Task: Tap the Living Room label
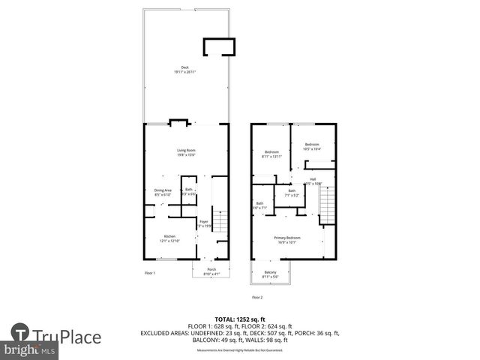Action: (186, 151)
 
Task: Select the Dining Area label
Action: (163, 190)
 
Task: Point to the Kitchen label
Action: (170, 236)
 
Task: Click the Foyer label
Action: (203, 221)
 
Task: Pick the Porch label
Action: (211, 270)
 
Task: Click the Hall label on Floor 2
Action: (312, 179)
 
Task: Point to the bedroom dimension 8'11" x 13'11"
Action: (271, 156)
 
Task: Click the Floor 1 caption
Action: (150, 273)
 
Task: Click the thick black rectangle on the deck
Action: (218, 46)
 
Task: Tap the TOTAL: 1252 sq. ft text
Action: (239, 319)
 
